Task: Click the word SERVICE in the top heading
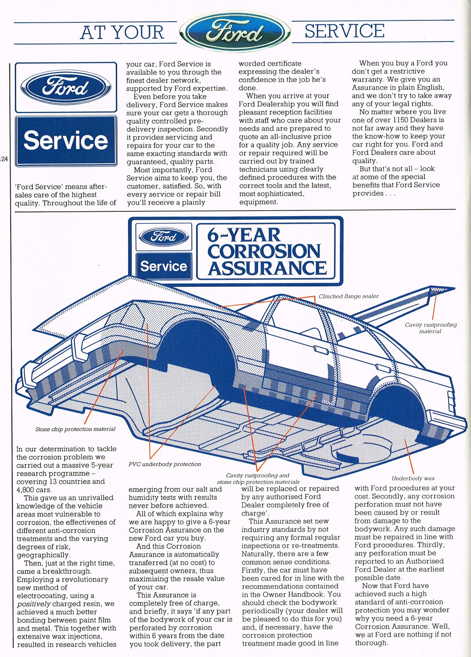click(x=345, y=31)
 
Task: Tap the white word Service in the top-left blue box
click(x=66, y=140)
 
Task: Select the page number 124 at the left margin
click(x=4, y=159)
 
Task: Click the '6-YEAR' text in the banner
click(x=244, y=235)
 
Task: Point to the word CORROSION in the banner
click(x=264, y=251)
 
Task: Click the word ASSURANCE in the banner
click(x=267, y=268)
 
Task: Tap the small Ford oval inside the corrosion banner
click(x=164, y=236)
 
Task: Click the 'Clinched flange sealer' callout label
click(x=349, y=296)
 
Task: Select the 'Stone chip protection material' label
click(x=75, y=429)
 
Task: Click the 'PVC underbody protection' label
click(x=165, y=464)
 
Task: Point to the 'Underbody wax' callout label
click(x=413, y=479)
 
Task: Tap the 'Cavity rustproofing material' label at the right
click(x=430, y=328)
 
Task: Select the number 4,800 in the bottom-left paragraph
click(x=25, y=490)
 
